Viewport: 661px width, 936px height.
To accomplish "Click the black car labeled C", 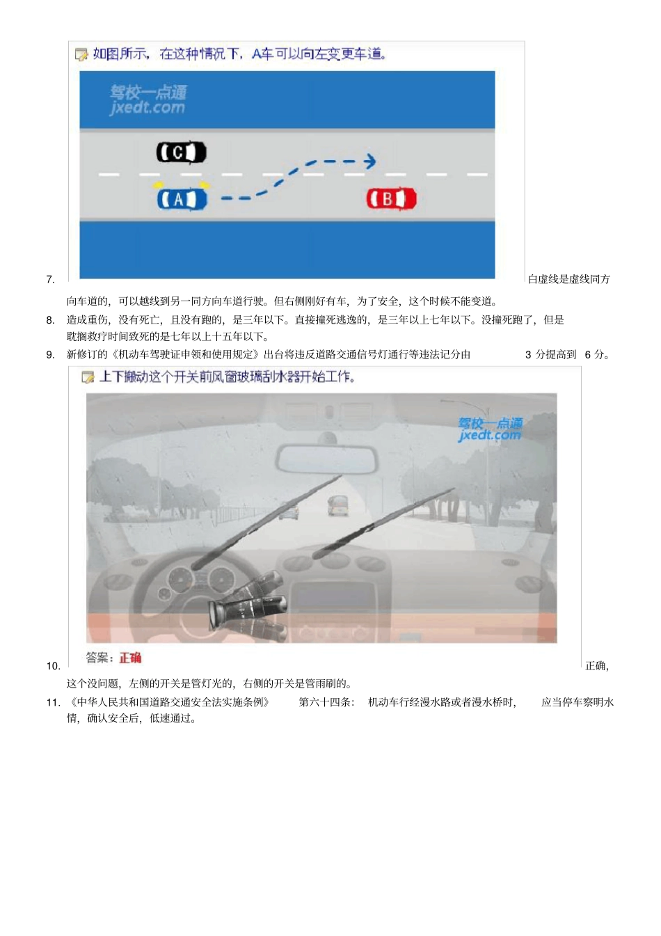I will [x=181, y=152].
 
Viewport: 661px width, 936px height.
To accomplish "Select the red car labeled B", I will [x=391, y=199].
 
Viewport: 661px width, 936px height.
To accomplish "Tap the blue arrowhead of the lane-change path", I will [x=370, y=161].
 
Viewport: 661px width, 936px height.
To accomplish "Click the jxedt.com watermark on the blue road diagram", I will [x=148, y=100].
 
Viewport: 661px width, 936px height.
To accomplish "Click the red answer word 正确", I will [x=130, y=658].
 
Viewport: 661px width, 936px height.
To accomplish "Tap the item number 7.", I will [x=50, y=280].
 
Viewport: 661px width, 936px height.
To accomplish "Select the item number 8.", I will [x=50, y=320].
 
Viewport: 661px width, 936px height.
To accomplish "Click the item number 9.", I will [x=50, y=355].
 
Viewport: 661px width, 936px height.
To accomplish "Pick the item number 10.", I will [x=53, y=666].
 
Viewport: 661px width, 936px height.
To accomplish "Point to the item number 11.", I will [x=53, y=703].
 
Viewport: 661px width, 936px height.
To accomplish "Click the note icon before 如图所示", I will [x=81, y=54].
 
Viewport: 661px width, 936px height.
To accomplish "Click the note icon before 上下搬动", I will [x=88, y=377].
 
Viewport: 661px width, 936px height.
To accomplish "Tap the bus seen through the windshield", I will [x=337, y=505].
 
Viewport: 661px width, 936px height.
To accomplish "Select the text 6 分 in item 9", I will [x=596, y=355].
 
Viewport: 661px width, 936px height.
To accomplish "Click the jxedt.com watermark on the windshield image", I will [x=490, y=429].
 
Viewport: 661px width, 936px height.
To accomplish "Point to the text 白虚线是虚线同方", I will [x=568, y=279].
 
